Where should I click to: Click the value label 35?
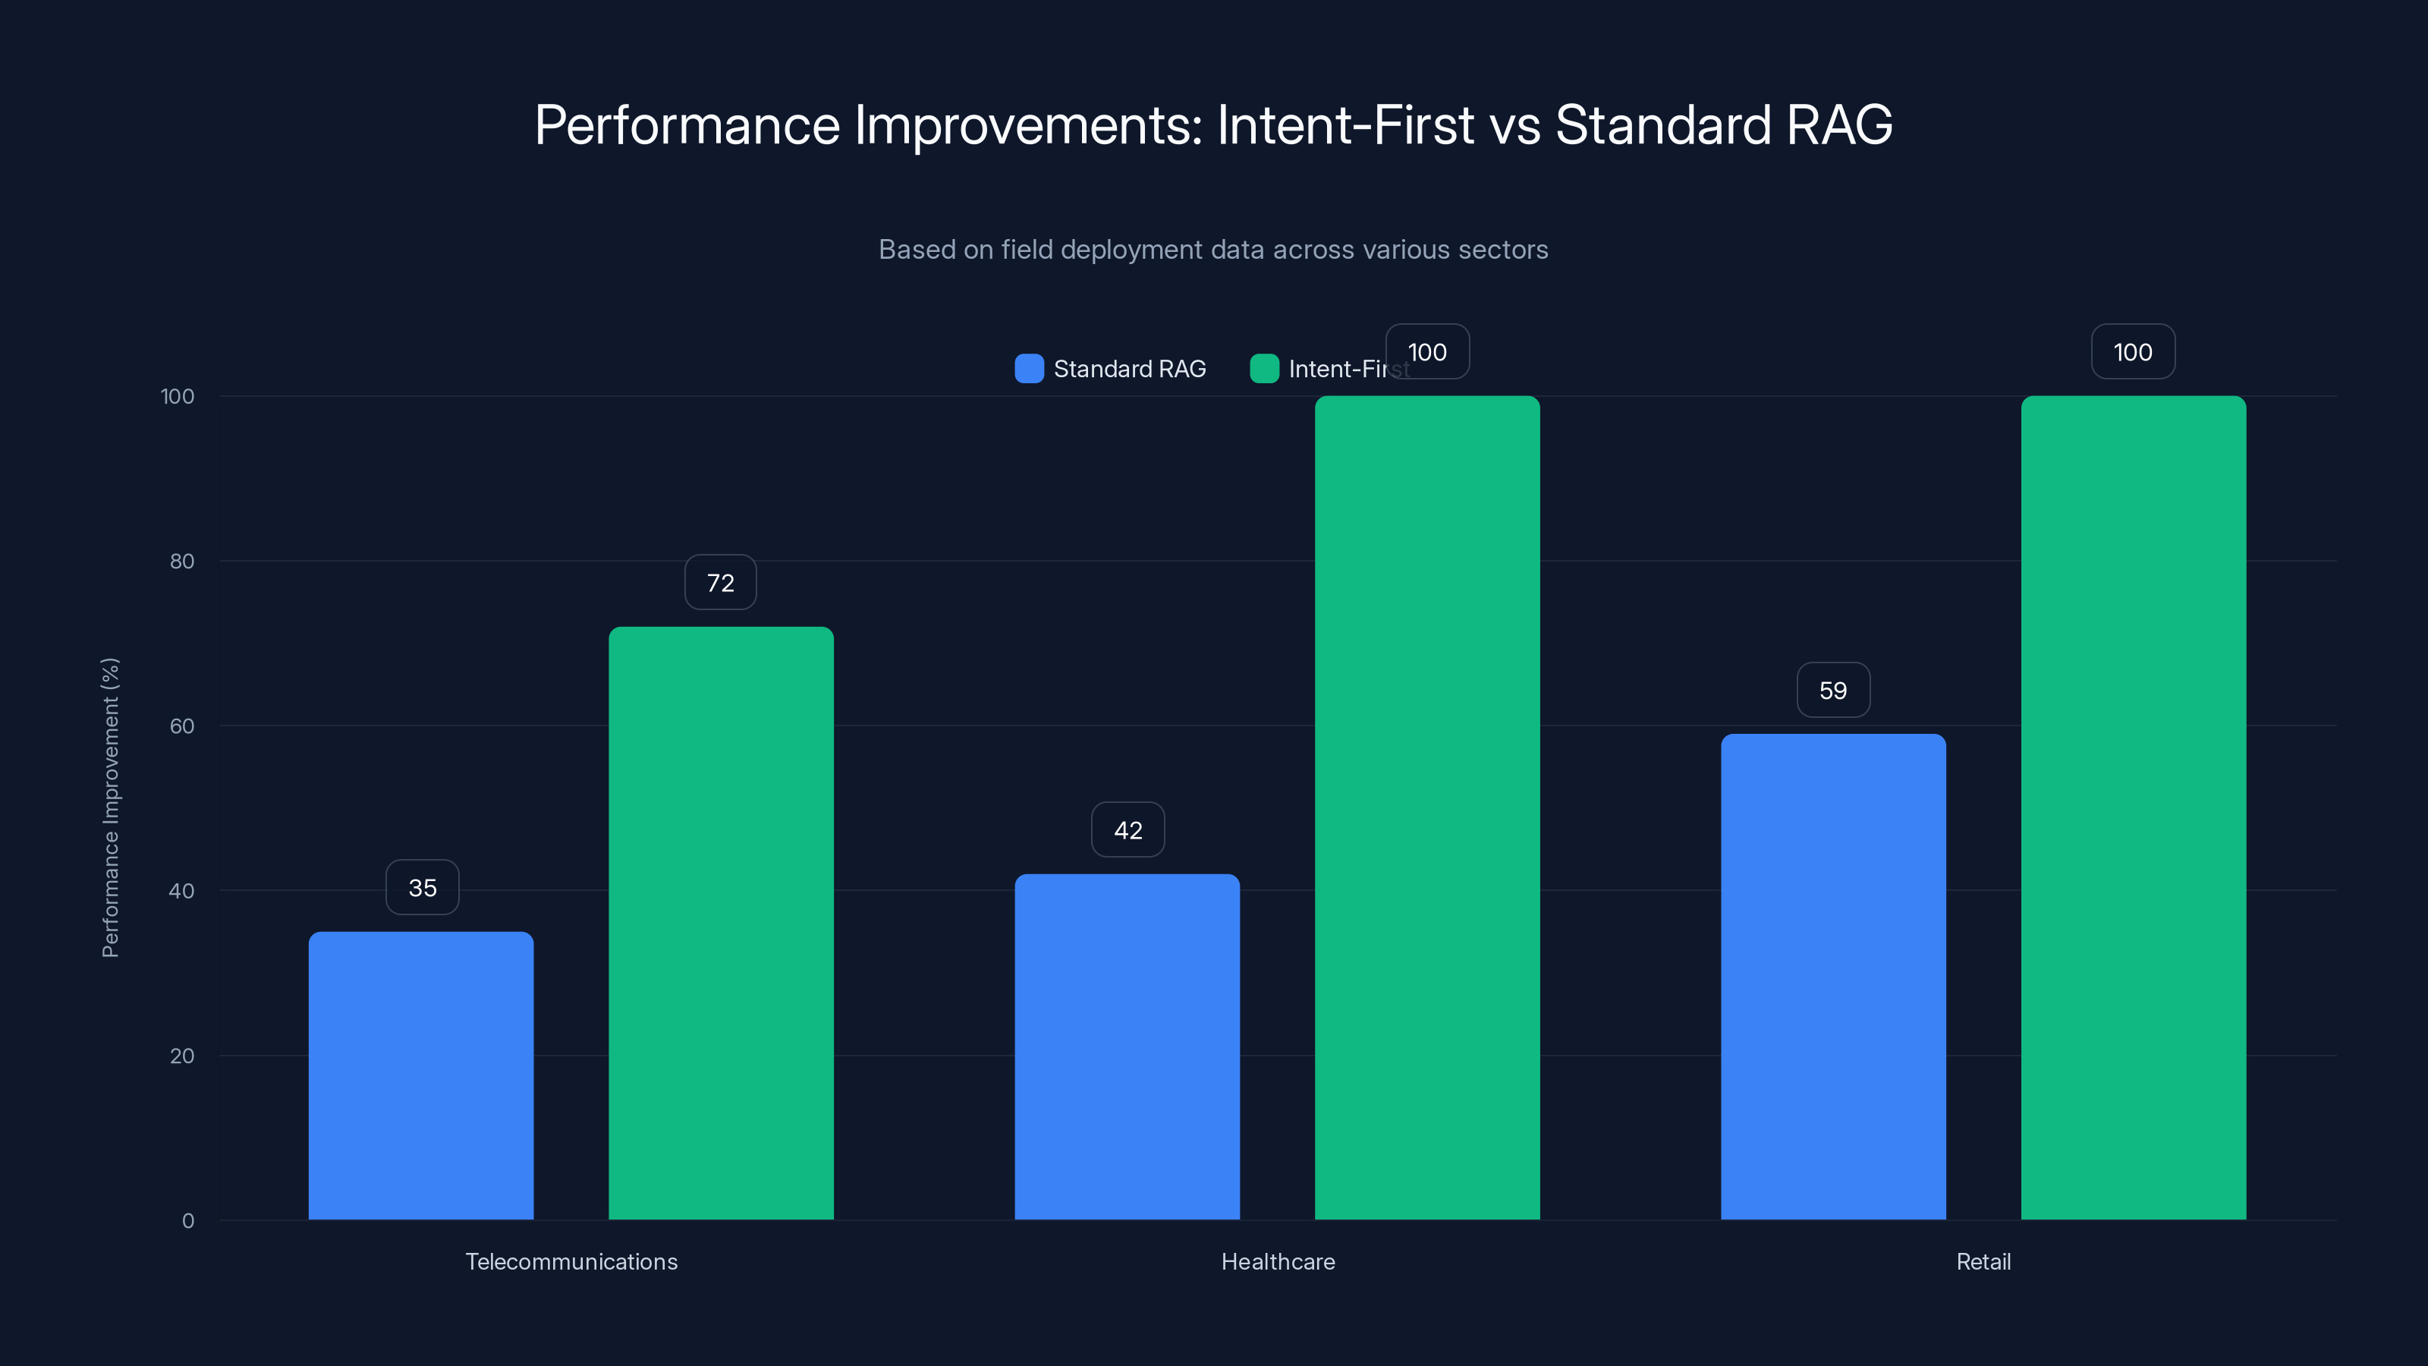(x=423, y=887)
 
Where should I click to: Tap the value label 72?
(x=720, y=583)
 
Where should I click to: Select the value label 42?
(x=1128, y=829)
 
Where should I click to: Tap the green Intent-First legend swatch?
(x=1264, y=369)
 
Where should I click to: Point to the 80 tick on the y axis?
(x=182, y=561)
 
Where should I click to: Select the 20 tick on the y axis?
(x=182, y=1056)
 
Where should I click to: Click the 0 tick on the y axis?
(x=187, y=1221)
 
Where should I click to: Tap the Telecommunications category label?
(x=571, y=1261)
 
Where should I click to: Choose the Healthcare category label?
(x=1278, y=1261)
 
